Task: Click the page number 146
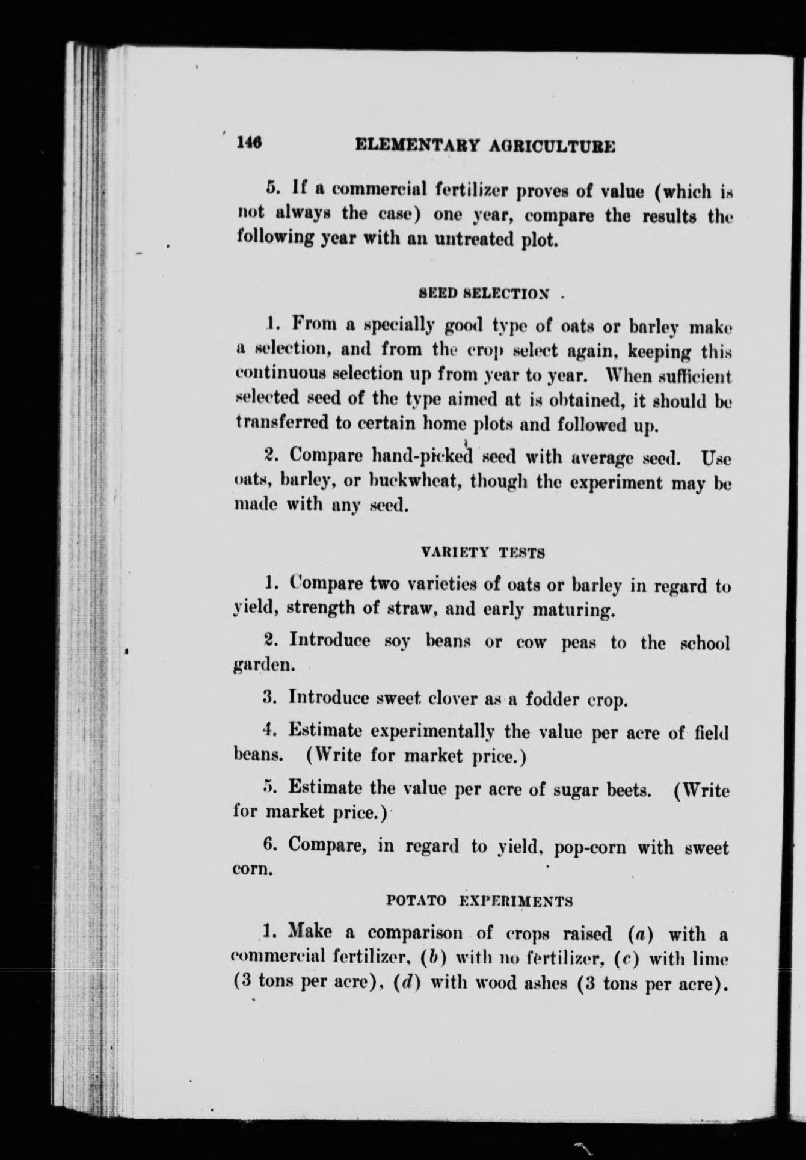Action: coord(248,143)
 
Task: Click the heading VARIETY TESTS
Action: coord(484,552)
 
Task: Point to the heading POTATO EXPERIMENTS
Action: coord(478,901)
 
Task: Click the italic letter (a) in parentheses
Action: coord(641,934)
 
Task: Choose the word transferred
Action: coord(281,423)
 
